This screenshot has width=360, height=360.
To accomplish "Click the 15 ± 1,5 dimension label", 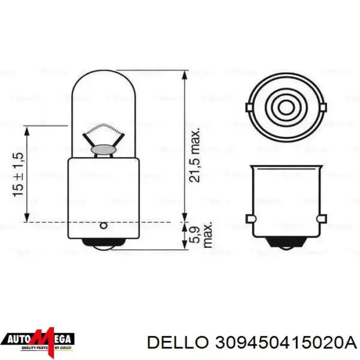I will (x=18, y=174).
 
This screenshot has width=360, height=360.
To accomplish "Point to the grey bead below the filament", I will (x=103, y=149).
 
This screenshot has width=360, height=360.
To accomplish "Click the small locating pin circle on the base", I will (x=103, y=225).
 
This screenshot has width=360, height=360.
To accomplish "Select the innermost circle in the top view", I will (x=286, y=107).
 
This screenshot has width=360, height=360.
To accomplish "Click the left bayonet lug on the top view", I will (x=249, y=107).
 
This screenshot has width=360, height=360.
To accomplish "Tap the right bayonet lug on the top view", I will (x=323, y=107).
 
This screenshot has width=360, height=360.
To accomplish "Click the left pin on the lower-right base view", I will (x=250, y=219).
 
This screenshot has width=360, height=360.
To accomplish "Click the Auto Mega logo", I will (x=40, y=339).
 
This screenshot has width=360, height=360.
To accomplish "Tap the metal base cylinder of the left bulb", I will (x=103, y=195).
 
